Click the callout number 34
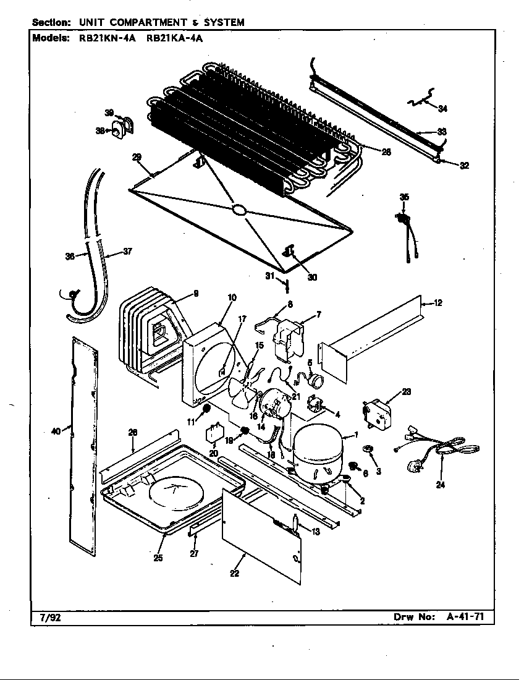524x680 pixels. (442, 109)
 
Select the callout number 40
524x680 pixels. (56, 431)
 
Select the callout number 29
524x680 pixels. (137, 157)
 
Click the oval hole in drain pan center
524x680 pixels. (239, 211)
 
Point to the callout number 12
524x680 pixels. (437, 303)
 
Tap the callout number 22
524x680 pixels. (234, 573)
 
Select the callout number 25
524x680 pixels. (158, 559)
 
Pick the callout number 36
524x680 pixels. (69, 256)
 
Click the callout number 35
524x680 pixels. (404, 197)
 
